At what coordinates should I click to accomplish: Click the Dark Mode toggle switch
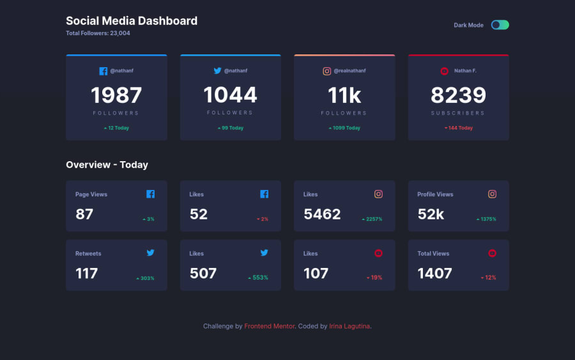tap(500, 25)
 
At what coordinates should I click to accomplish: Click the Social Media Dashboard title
tap(132, 21)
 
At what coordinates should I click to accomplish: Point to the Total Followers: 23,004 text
tap(98, 33)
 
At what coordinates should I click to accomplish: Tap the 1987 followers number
tap(116, 95)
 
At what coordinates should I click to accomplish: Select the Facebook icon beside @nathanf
tap(103, 71)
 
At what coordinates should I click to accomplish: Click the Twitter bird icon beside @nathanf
tap(217, 71)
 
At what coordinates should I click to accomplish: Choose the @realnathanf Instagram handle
tap(349, 71)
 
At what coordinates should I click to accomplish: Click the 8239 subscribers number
tap(458, 95)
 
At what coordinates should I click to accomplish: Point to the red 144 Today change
tap(459, 128)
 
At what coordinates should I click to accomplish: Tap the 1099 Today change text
tap(345, 128)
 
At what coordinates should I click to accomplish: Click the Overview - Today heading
tap(107, 165)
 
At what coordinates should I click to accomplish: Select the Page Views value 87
tap(84, 214)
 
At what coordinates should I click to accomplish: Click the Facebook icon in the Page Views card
tap(150, 194)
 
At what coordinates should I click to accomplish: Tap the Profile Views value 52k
tap(431, 214)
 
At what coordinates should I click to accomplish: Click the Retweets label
tap(88, 253)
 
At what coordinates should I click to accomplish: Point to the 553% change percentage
tap(258, 278)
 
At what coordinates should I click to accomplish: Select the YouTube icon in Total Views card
tap(492, 253)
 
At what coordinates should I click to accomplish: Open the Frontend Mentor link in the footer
tap(270, 326)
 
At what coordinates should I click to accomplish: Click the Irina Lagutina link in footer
tap(349, 326)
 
